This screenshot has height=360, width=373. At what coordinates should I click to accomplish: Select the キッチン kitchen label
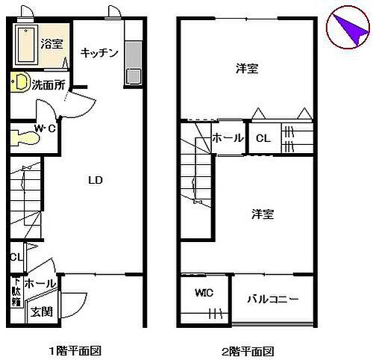pos(99,52)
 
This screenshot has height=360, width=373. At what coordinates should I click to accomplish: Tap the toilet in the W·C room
pos(25,137)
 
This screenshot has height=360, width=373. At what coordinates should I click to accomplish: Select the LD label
pos(95,181)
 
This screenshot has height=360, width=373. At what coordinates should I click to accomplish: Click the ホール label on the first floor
pos(39,284)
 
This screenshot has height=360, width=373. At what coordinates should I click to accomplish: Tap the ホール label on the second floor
pos(228,138)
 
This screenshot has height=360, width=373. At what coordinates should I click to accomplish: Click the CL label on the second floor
pos(263,138)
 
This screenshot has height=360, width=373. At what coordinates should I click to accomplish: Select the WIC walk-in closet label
pos(204,292)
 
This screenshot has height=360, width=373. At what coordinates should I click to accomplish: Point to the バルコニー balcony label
pos(273,299)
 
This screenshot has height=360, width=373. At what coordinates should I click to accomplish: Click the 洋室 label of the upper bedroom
pos(247,69)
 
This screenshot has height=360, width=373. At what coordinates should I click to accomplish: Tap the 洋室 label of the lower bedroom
pos(262,214)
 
